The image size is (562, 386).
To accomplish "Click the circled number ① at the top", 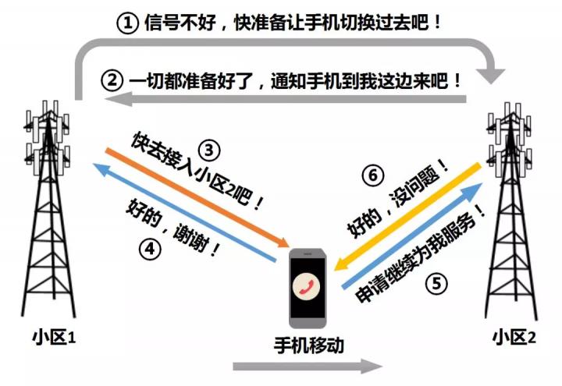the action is click(127, 23).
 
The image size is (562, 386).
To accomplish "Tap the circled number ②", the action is click(112, 80).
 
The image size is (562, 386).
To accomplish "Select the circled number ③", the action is click(209, 151).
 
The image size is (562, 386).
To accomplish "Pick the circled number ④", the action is click(150, 249).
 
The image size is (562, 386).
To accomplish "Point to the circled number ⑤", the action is click(436, 284).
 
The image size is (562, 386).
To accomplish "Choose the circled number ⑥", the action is click(373, 175).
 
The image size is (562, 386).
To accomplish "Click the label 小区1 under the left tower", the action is click(55, 338).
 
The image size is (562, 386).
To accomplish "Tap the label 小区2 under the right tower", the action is click(514, 338).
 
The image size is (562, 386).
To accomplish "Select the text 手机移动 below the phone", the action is click(309, 345).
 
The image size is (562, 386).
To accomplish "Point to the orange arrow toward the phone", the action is click(197, 197).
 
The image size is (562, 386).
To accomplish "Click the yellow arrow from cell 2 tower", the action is click(407, 218).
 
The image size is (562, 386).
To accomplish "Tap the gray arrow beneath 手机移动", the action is click(308, 367).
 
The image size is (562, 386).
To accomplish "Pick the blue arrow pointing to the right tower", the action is click(412, 235).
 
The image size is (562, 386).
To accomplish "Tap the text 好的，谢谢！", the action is click(173, 228).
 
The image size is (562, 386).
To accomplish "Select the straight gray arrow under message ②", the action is click(286, 99).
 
